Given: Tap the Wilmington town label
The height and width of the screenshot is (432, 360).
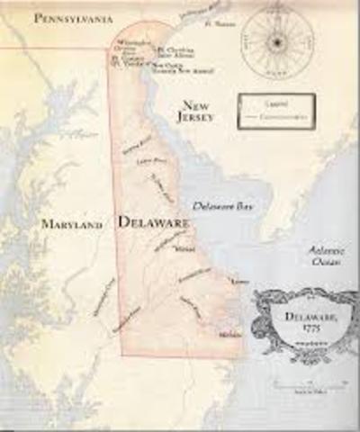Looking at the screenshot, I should click(x=130, y=42).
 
